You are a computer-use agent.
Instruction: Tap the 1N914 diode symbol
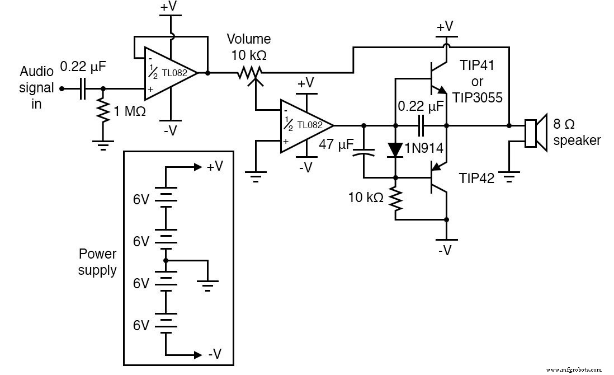(395, 149)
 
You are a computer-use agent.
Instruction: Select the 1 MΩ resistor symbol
(102, 111)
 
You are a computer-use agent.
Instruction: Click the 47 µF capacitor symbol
(364, 153)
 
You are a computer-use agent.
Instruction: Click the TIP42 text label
(476, 178)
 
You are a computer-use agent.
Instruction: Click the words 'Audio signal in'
(37, 88)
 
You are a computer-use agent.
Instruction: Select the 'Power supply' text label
(97, 262)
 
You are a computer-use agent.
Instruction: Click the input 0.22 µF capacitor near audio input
(83, 88)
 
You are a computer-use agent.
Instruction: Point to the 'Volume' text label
(248, 39)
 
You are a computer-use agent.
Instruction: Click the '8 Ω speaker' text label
(577, 132)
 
